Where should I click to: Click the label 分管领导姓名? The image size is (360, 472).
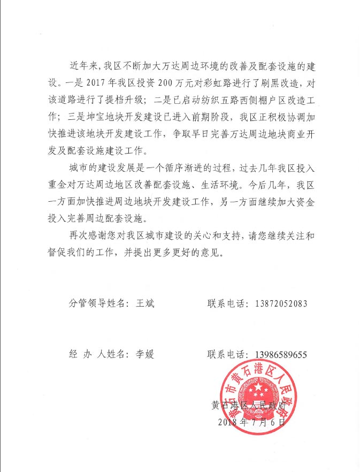(97, 303)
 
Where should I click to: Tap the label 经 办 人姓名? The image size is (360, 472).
(97, 354)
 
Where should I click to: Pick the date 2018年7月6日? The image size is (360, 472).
(253, 422)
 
